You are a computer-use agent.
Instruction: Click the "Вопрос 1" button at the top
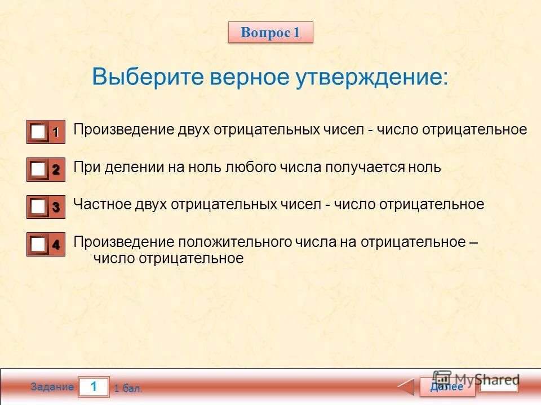pyautogui.click(x=270, y=33)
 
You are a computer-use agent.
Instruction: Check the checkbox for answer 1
pyautogui.click(x=38, y=132)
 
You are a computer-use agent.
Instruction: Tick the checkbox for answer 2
pyautogui.click(x=38, y=169)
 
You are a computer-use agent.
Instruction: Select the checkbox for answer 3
pyautogui.click(x=38, y=207)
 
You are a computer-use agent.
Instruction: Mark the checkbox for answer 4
pyautogui.click(x=38, y=245)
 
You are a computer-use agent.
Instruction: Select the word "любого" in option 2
pyautogui.click(x=251, y=168)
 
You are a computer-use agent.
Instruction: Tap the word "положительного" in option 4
pyautogui.click(x=234, y=242)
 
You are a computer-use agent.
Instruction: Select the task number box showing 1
pyautogui.click(x=94, y=386)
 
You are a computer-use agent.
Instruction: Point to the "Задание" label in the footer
pyautogui.click(x=52, y=387)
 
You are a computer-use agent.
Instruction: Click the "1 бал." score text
pyautogui.click(x=128, y=388)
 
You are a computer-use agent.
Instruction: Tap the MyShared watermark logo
pyautogui.click(x=476, y=379)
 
